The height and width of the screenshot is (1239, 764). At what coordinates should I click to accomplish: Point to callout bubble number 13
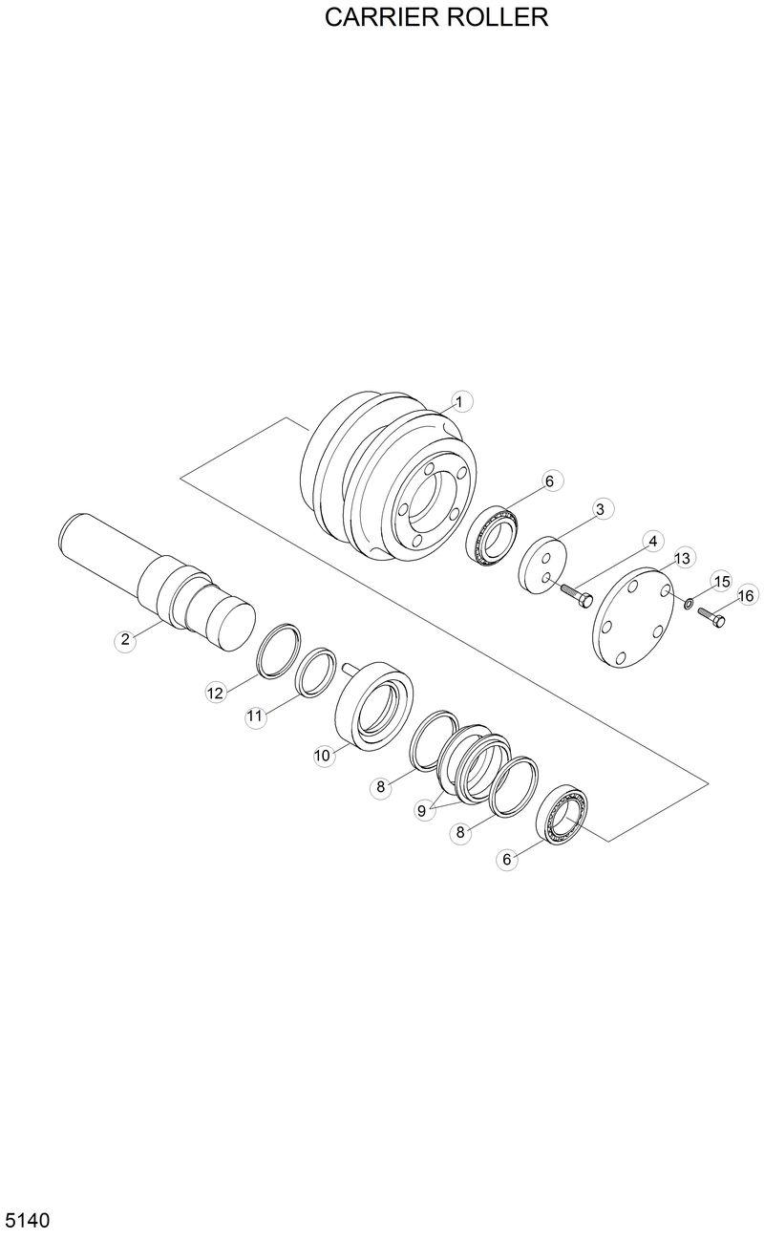pos(682,559)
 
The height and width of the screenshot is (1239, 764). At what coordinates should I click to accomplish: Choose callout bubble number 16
pos(746,595)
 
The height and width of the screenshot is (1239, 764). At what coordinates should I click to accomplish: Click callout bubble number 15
pos(721,582)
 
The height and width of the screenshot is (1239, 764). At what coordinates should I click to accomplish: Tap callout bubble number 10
pos(323,756)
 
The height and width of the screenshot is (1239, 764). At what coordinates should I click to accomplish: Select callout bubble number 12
pos(216,693)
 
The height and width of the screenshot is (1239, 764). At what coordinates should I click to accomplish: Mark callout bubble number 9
pos(422,810)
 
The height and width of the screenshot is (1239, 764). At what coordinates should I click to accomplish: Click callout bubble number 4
pos(652,542)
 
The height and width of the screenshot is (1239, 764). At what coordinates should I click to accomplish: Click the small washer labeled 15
pos(688,602)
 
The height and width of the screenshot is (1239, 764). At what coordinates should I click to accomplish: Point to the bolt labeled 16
pos(712,618)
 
